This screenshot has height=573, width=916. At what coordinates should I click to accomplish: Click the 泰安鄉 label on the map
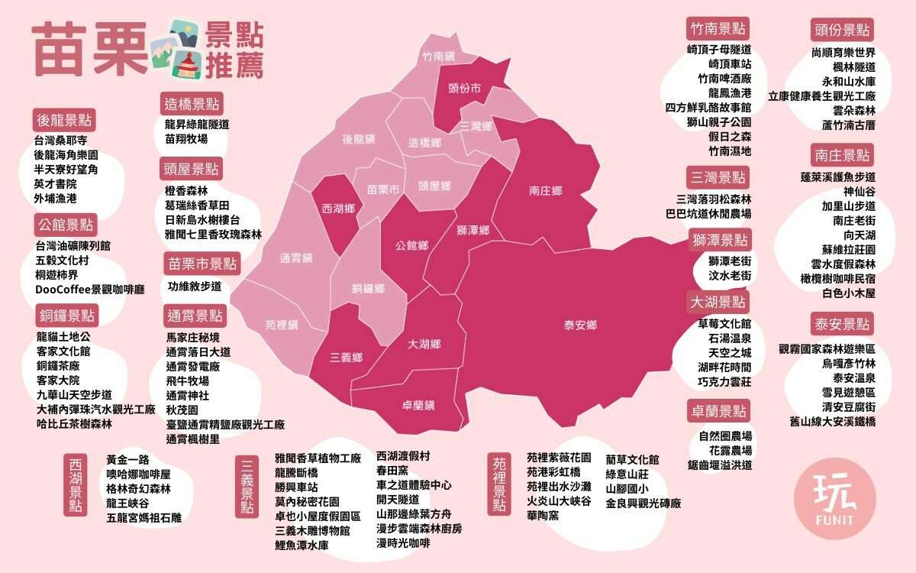click(x=580, y=325)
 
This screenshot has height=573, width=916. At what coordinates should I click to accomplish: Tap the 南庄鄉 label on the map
click(x=545, y=190)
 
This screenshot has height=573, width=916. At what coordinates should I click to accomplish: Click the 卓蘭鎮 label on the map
click(x=418, y=404)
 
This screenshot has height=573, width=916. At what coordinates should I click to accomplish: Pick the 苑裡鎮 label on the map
click(x=282, y=325)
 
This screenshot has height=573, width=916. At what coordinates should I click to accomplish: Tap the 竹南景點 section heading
click(x=718, y=29)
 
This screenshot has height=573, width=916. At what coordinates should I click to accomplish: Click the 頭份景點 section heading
click(x=843, y=30)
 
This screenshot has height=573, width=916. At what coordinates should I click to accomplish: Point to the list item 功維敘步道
click(x=194, y=286)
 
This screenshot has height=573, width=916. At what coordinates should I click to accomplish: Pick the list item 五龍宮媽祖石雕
click(x=144, y=517)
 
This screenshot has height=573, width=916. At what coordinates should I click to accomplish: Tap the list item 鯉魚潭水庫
click(x=302, y=545)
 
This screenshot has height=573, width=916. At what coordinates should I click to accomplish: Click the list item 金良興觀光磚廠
click(x=643, y=503)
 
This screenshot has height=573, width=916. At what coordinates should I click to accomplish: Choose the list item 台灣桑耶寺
click(x=61, y=141)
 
